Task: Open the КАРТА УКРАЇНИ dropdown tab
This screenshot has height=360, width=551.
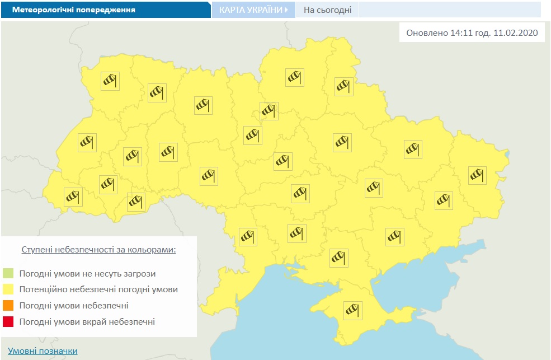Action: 253,10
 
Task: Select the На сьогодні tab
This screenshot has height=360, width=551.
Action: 328,10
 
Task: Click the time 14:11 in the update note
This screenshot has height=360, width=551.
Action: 460,33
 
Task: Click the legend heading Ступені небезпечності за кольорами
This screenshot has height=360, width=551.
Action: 98,249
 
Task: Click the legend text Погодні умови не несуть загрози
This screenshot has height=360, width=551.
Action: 87,274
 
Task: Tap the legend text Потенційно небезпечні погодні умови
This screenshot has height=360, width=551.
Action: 98,290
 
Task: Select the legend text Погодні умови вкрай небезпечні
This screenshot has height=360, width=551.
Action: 87,322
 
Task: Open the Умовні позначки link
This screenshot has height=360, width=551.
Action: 43,351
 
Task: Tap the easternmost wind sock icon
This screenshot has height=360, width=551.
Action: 477,175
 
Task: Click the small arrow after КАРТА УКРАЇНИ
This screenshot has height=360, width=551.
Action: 286,10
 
